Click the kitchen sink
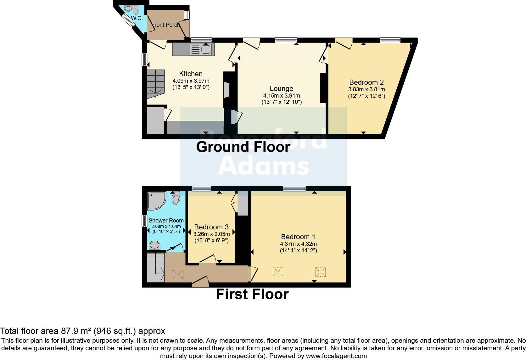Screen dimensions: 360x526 [205, 49]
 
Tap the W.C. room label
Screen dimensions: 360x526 [137, 18]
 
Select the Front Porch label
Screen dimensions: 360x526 [165, 25]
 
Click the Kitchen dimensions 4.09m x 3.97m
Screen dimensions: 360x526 [191, 81]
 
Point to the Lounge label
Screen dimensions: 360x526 [281, 89]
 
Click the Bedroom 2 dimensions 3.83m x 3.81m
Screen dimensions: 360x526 [367, 89]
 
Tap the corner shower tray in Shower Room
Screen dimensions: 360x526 [156, 201]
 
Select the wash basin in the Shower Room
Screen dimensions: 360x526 [154, 245]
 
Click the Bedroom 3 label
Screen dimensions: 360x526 [211, 227]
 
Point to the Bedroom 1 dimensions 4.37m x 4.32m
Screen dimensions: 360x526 [298, 244]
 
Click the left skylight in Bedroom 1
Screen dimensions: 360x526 [278, 272]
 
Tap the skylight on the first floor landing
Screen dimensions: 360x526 [178, 274]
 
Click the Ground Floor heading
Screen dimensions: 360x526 [243, 147]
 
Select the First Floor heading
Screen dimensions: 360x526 [252, 294]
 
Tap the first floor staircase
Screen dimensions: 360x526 [155, 267]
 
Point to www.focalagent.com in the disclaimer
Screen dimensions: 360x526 [336, 356]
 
